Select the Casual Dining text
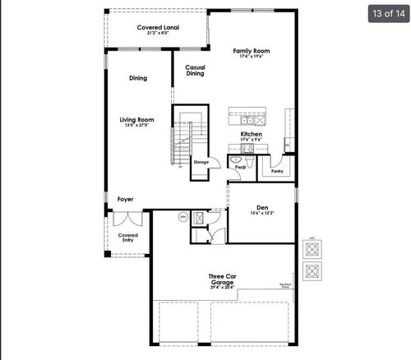click(195, 71)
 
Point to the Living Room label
click(138, 121)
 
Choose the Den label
click(261, 208)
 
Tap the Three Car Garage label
click(221, 279)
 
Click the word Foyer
click(125, 199)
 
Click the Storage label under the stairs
click(201, 162)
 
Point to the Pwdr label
click(241, 167)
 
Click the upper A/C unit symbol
click(312, 249)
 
